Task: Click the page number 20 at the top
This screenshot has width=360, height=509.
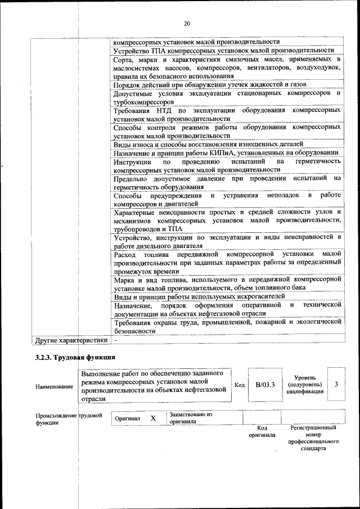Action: (187, 24)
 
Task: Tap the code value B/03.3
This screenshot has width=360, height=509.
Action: (265, 385)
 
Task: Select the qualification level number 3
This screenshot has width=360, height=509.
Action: (336, 384)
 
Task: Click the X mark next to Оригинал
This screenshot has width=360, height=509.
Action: (153, 419)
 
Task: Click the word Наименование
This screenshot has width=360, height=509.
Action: (54, 387)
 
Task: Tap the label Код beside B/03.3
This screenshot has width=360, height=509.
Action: (240, 385)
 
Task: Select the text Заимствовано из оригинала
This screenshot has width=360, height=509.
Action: (190, 417)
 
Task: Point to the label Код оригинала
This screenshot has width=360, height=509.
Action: (262, 431)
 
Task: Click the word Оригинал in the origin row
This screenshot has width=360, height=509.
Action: (128, 419)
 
